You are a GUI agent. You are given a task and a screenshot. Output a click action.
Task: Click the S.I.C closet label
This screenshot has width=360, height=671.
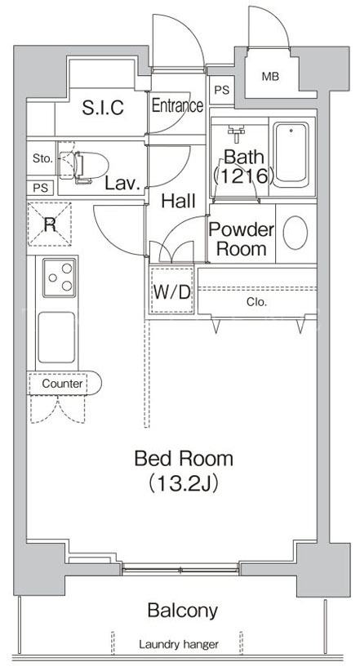[103, 108]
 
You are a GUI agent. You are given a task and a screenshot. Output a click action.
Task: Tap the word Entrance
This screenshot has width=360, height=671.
[177, 105]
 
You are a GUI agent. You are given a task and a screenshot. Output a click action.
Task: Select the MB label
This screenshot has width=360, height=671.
[270, 77]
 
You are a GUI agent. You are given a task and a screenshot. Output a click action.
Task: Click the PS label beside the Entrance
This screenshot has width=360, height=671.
[222, 91]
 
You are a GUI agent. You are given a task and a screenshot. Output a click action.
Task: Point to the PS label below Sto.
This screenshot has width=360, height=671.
[41, 189]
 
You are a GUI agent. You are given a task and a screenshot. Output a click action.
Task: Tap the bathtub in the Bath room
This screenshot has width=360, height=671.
[291, 155]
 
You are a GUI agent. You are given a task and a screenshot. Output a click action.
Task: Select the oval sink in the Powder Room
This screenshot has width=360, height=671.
[296, 233]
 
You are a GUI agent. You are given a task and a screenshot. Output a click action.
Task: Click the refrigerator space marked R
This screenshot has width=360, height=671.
[50, 224]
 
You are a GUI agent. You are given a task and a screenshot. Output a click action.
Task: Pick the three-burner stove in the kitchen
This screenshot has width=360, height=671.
[60, 278]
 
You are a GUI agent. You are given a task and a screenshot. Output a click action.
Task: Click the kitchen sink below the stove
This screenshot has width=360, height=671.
[56, 337]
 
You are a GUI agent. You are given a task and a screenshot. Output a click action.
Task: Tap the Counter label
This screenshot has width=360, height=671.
[62, 384]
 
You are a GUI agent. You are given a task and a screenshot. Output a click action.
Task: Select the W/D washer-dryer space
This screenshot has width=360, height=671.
[171, 291]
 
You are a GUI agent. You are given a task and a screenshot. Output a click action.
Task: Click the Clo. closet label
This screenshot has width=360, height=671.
[257, 303]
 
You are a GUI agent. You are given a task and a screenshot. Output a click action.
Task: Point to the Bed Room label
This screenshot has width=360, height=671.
[184, 459]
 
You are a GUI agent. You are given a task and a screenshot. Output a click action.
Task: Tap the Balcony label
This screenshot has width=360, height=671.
[182, 611]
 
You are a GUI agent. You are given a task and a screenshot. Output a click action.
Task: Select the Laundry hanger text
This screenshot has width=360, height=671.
[179, 644]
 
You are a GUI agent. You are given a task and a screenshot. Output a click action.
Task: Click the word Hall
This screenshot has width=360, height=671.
[179, 201]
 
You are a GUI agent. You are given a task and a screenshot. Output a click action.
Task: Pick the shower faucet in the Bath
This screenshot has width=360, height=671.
[236, 131]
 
